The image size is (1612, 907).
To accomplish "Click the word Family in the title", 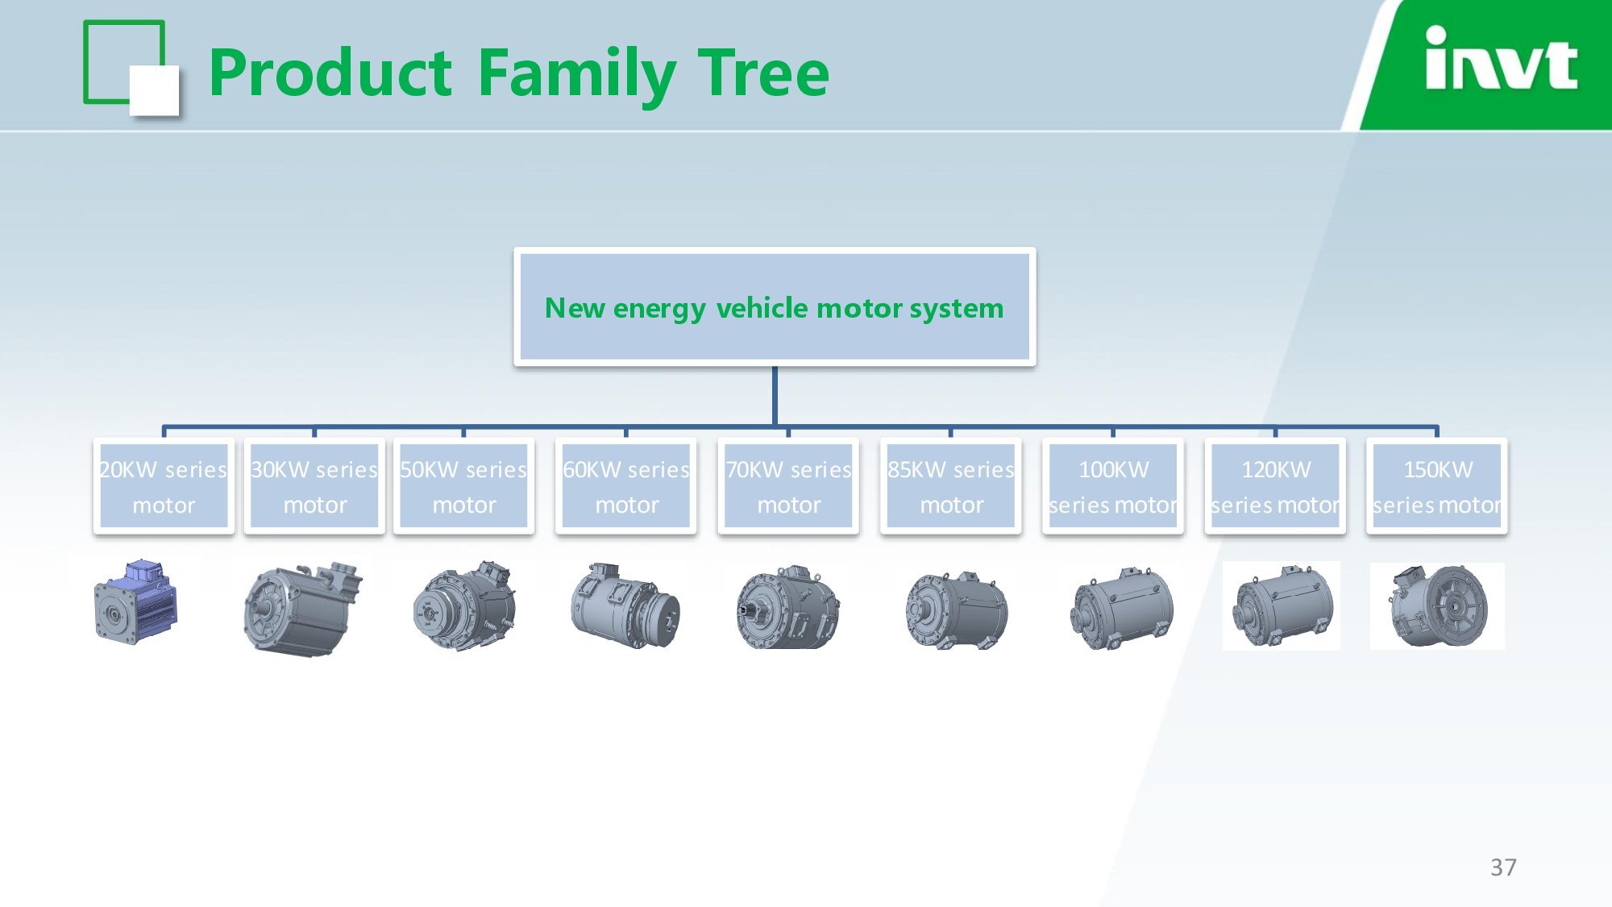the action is click(x=577, y=74).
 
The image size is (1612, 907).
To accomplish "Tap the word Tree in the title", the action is click(x=763, y=73).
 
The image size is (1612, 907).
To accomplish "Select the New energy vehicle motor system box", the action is click(x=775, y=307).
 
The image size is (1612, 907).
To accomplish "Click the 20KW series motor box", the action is click(x=164, y=486).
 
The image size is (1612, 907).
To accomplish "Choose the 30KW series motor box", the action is click(x=314, y=486).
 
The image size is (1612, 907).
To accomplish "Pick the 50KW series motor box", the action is click(x=463, y=486).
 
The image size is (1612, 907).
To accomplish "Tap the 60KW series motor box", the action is click(x=626, y=486).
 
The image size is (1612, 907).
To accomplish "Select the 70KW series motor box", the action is click(x=788, y=486).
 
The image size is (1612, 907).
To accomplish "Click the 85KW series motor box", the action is click(x=951, y=486).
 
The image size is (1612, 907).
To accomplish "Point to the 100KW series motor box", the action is click(x=1113, y=486).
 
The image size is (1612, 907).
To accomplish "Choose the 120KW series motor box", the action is click(x=1276, y=486).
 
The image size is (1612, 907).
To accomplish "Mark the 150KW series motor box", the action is click(x=1437, y=486).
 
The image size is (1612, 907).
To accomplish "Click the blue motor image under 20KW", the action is click(x=135, y=601).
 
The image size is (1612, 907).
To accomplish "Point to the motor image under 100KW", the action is click(x=1121, y=609).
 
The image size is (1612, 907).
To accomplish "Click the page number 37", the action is click(x=1503, y=867).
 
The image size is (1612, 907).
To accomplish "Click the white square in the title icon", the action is click(x=154, y=91).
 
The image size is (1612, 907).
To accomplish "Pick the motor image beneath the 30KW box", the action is click(x=302, y=609).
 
